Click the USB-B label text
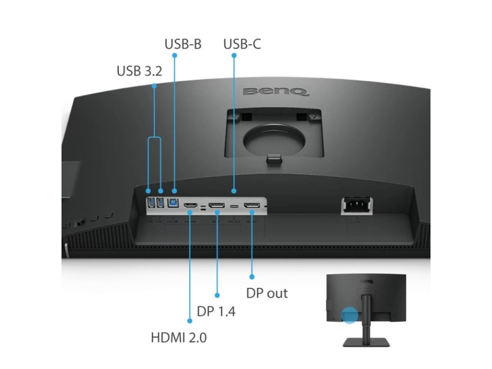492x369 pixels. tap(183, 44)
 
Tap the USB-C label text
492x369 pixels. tap(242, 44)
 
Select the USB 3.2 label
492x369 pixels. tap(139, 71)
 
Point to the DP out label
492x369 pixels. tap(267, 293)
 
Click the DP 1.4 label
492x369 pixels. tap(216, 311)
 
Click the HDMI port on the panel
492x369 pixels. tap(190, 206)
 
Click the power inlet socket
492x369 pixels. tap(356, 206)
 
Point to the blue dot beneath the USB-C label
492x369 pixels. tap(234, 56)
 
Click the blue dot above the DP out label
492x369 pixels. tap(252, 276)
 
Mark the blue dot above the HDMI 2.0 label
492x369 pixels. tap(189, 321)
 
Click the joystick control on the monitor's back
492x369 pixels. tap(80, 221)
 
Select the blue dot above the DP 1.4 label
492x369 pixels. tap(217, 295)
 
